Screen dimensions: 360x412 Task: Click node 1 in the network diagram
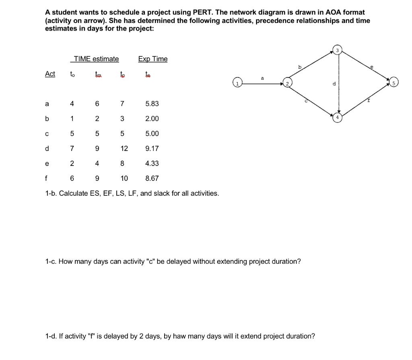tap(237, 83)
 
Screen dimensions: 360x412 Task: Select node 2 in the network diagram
tap(288, 84)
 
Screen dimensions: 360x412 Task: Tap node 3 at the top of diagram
tap(338, 50)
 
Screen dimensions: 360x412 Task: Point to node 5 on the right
tap(393, 84)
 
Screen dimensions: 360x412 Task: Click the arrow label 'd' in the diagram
tap(334, 84)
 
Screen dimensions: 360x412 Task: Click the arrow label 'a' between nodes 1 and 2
tap(262, 79)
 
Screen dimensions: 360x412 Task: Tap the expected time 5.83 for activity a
tap(152, 103)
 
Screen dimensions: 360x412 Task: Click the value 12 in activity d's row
tap(124, 148)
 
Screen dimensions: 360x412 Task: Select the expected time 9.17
tap(152, 148)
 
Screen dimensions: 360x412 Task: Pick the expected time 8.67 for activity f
tap(152, 178)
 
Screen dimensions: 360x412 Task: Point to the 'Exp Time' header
tap(153, 59)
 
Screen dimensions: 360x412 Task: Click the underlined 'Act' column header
tap(50, 74)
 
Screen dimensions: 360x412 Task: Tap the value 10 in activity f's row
tap(124, 178)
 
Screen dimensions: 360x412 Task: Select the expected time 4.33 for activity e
tap(152, 163)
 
